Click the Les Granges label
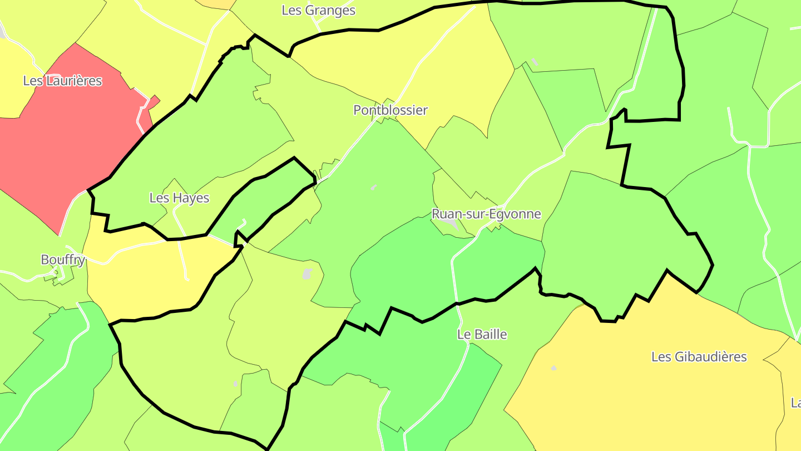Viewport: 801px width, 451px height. click(x=318, y=10)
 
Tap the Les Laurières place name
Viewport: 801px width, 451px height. click(x=62, y=81)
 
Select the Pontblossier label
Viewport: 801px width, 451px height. click(x=390, y=110)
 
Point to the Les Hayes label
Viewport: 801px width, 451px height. click(x=179, y=198)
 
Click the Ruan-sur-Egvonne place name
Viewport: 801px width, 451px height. click(x=486, y=214)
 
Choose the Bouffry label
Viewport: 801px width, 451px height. click(x=63, y=260)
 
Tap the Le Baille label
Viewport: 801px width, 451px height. click(x=482, y=335)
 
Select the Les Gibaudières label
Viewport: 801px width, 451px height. click(x=706, y=357)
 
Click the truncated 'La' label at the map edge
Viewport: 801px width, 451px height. click(x=796, y=402)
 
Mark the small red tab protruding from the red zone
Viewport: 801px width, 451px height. click(x=154, y=100)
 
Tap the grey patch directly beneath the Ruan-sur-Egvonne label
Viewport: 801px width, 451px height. click(x=453, y=225)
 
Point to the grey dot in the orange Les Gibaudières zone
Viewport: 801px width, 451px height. click(x=553, y=368)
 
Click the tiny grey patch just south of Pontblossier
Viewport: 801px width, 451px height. click(x=374, y=188)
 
